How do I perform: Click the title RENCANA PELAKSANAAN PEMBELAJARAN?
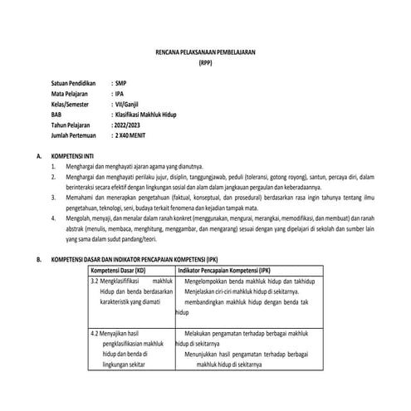point(206,52)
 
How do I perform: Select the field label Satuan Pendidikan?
point(73,84)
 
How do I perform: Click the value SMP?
point(123,84)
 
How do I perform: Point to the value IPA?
point(120,94)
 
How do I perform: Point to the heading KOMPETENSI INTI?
point(76,155)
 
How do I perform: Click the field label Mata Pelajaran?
point(69,94)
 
